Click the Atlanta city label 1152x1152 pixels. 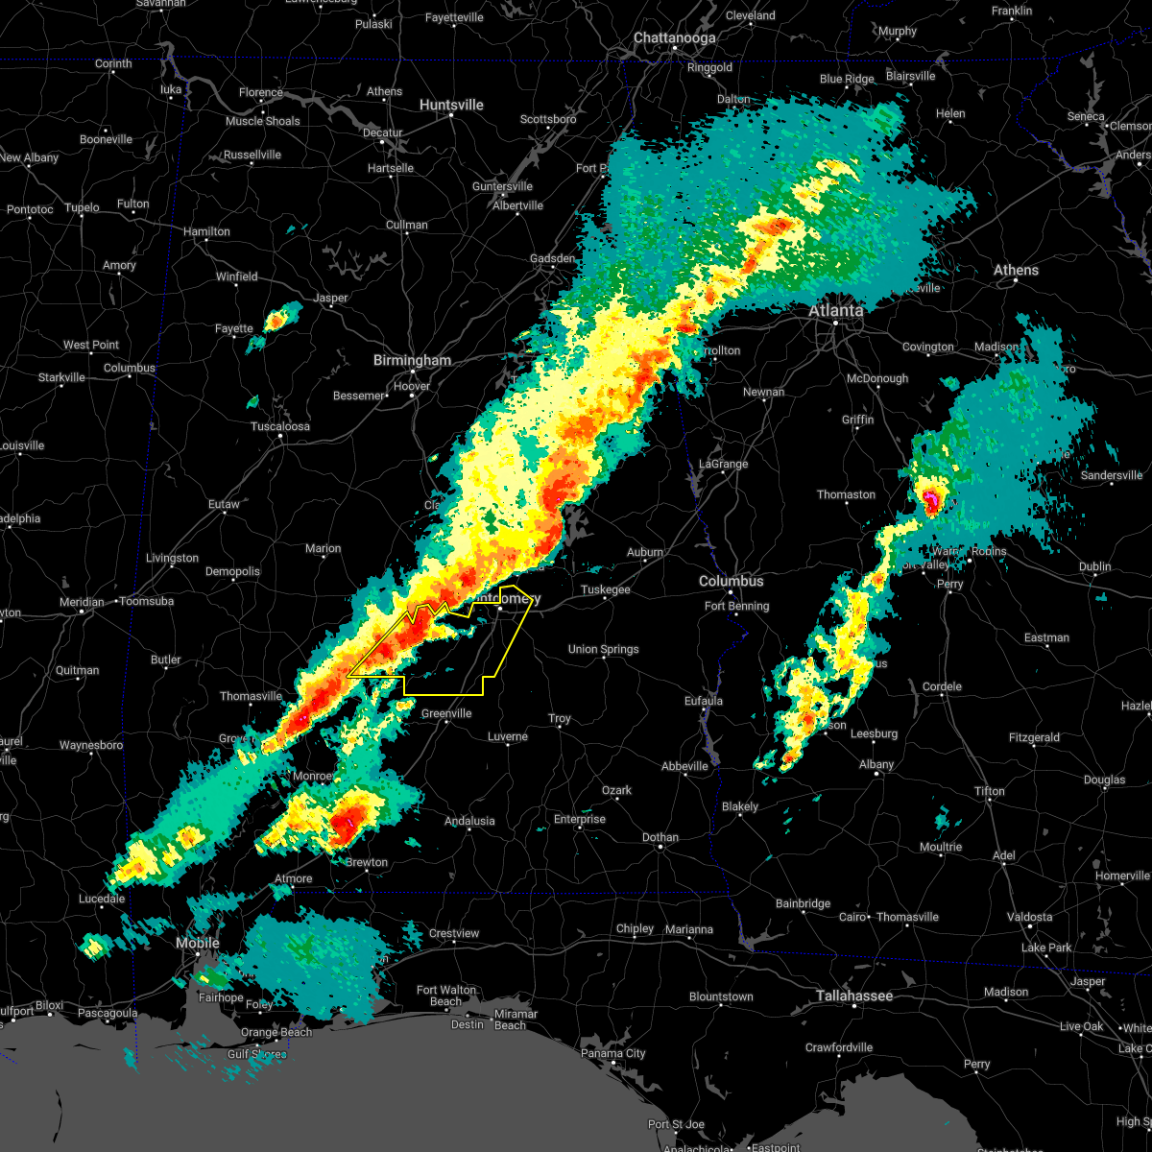(x=835, y=311)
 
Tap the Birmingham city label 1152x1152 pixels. (x=413, y=361)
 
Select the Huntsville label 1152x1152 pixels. (x=451, y=105)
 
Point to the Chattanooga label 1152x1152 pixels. (x=674, y=38)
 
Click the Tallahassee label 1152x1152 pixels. (x=854, y=996)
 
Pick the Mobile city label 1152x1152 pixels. (x=198, y=944)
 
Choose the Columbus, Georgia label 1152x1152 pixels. (x=732, y=582)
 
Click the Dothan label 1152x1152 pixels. (x=660, y=838)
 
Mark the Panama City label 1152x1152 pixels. (x=612, y=1054)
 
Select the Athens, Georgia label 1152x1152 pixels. (x=1016, y=271)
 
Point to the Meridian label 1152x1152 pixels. (x=82, y=602)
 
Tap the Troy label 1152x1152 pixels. (x=560, y=719)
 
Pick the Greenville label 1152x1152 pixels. (x=446, y=713)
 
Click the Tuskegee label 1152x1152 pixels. (x=606, y=590)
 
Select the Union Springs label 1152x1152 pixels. (x=603, y=650)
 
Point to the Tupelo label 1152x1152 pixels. (x=83, y=207)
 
